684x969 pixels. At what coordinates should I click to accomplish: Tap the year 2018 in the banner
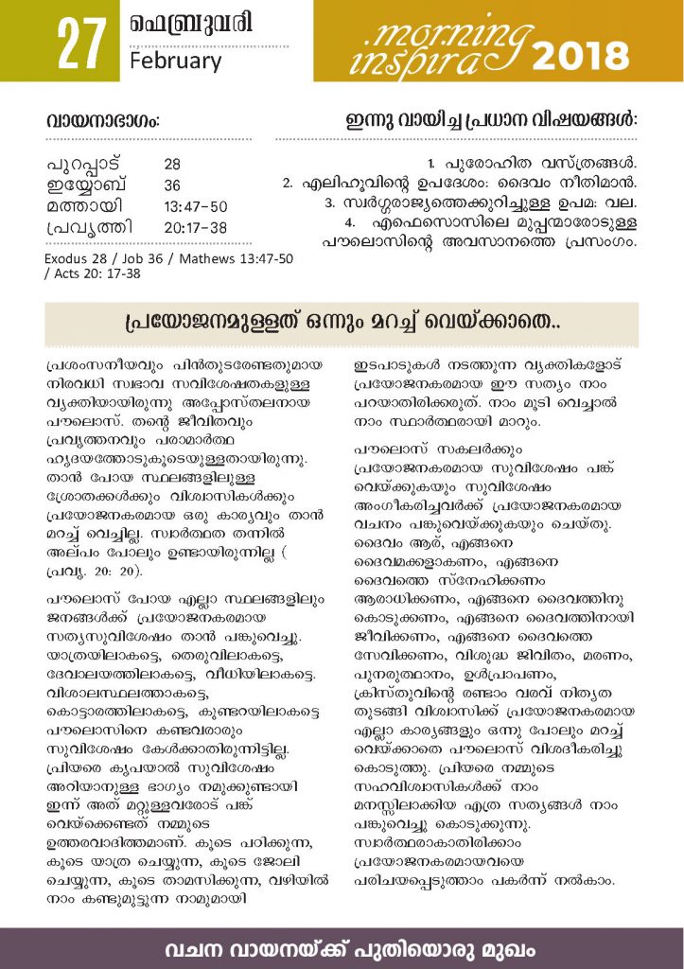pyautogui.click(x=580, y=58)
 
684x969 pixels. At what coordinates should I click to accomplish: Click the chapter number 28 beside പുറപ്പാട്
pyautogui.click(x=172, y=164)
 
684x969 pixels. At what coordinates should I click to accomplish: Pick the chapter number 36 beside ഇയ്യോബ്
pyautogui.click(x=172, y=185)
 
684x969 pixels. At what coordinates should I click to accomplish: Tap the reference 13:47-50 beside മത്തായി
pyautogui.click(x=196, y=205)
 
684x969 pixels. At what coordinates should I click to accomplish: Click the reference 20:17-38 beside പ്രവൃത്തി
pyautogui.click(x=196, y=227)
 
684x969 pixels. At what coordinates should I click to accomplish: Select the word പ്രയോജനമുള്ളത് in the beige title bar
pyautogui.click(x=196, y=324)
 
